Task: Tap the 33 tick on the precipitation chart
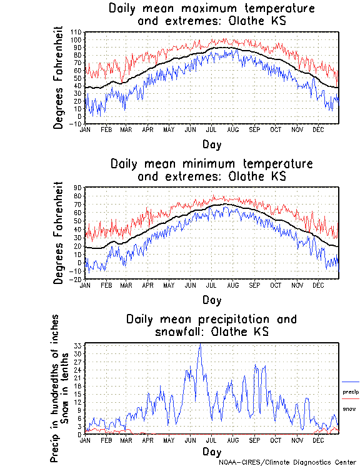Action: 78,345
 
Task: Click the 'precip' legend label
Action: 350,392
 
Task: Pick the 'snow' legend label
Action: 349,408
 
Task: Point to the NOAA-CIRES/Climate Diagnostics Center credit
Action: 288,462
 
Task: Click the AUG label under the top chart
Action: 232,129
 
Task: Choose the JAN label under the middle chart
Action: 85,285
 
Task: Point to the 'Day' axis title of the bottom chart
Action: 211,451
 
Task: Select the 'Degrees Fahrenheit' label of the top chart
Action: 59,77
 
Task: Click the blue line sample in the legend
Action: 351,382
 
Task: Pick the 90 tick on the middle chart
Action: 77,187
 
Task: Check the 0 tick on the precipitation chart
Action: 80,433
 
